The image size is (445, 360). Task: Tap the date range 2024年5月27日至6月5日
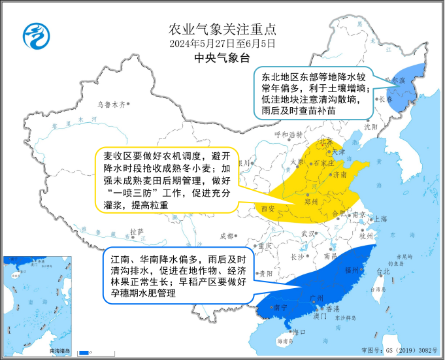222,44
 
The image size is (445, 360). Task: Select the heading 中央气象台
222,58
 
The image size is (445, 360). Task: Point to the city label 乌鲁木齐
110,104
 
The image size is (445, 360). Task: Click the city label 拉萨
136,231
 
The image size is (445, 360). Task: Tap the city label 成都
226,236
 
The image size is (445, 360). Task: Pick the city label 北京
326,141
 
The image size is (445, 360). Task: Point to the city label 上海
380,219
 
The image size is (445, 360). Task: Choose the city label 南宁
280,306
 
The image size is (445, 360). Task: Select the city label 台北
383,270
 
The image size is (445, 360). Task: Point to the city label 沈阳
371,127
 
